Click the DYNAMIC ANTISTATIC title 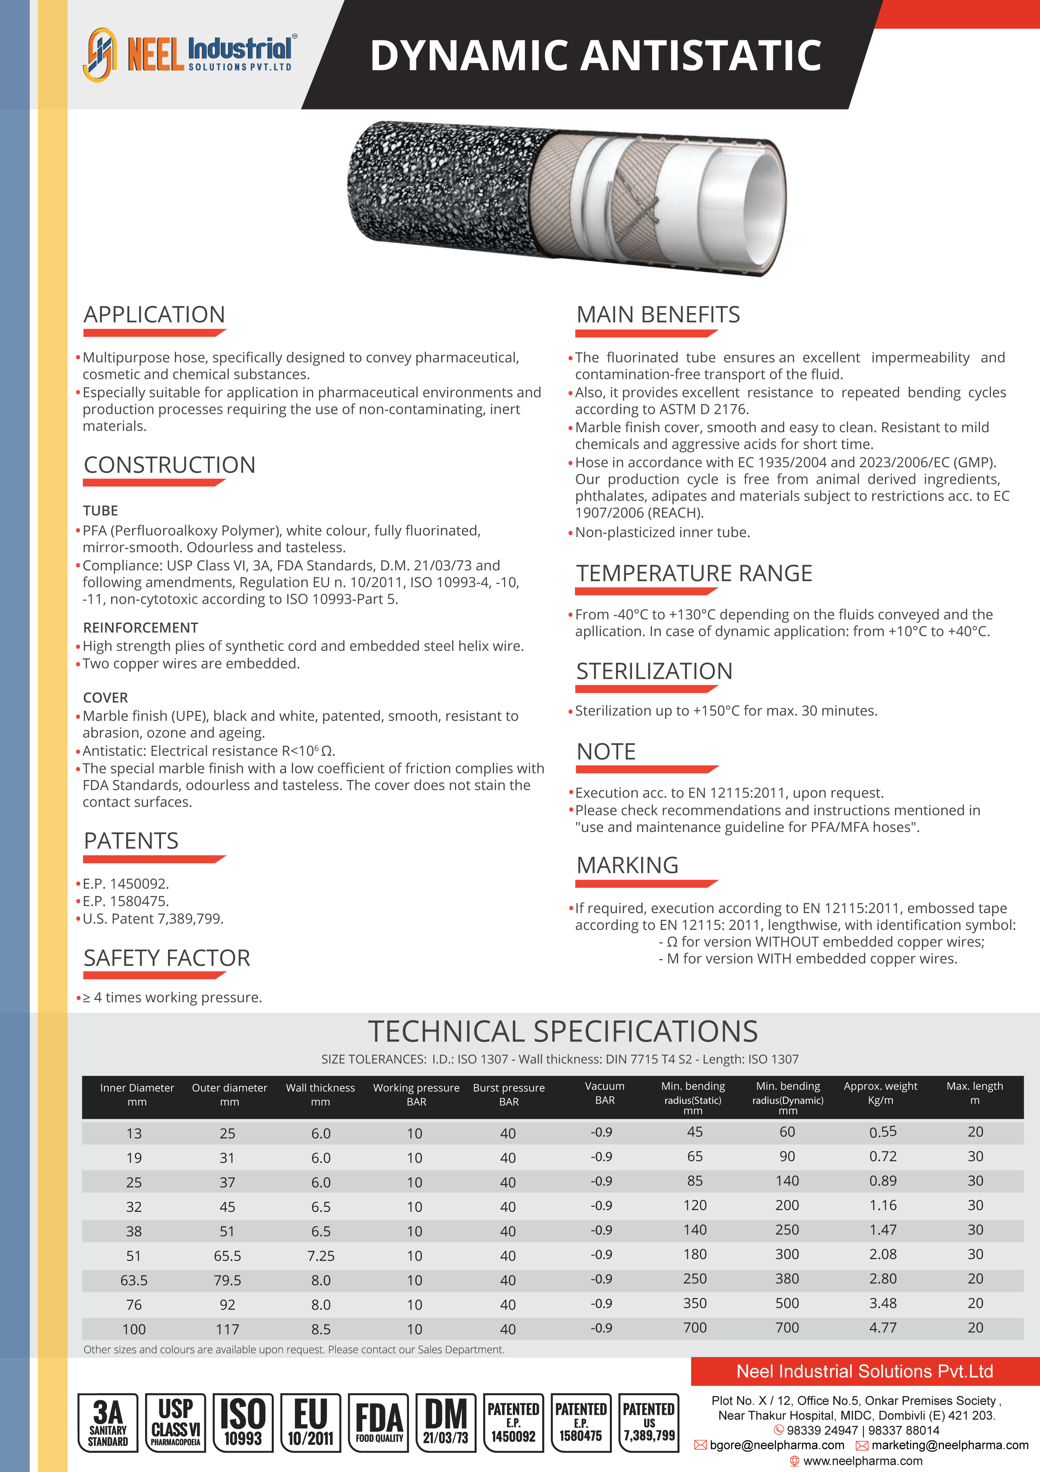(595, 56)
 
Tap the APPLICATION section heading (154, 315)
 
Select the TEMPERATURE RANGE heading (694, 573)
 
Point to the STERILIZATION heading (654, 671)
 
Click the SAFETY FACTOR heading (166, 958)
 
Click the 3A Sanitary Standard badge (108, 1422)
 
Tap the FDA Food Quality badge (379, 1422)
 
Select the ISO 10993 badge (243, 1422)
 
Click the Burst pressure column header (509, 1094)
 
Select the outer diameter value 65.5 (227, 1256)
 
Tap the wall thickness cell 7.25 (321, 1256)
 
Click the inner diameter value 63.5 (134, 1280)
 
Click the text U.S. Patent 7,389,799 (153, 919)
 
